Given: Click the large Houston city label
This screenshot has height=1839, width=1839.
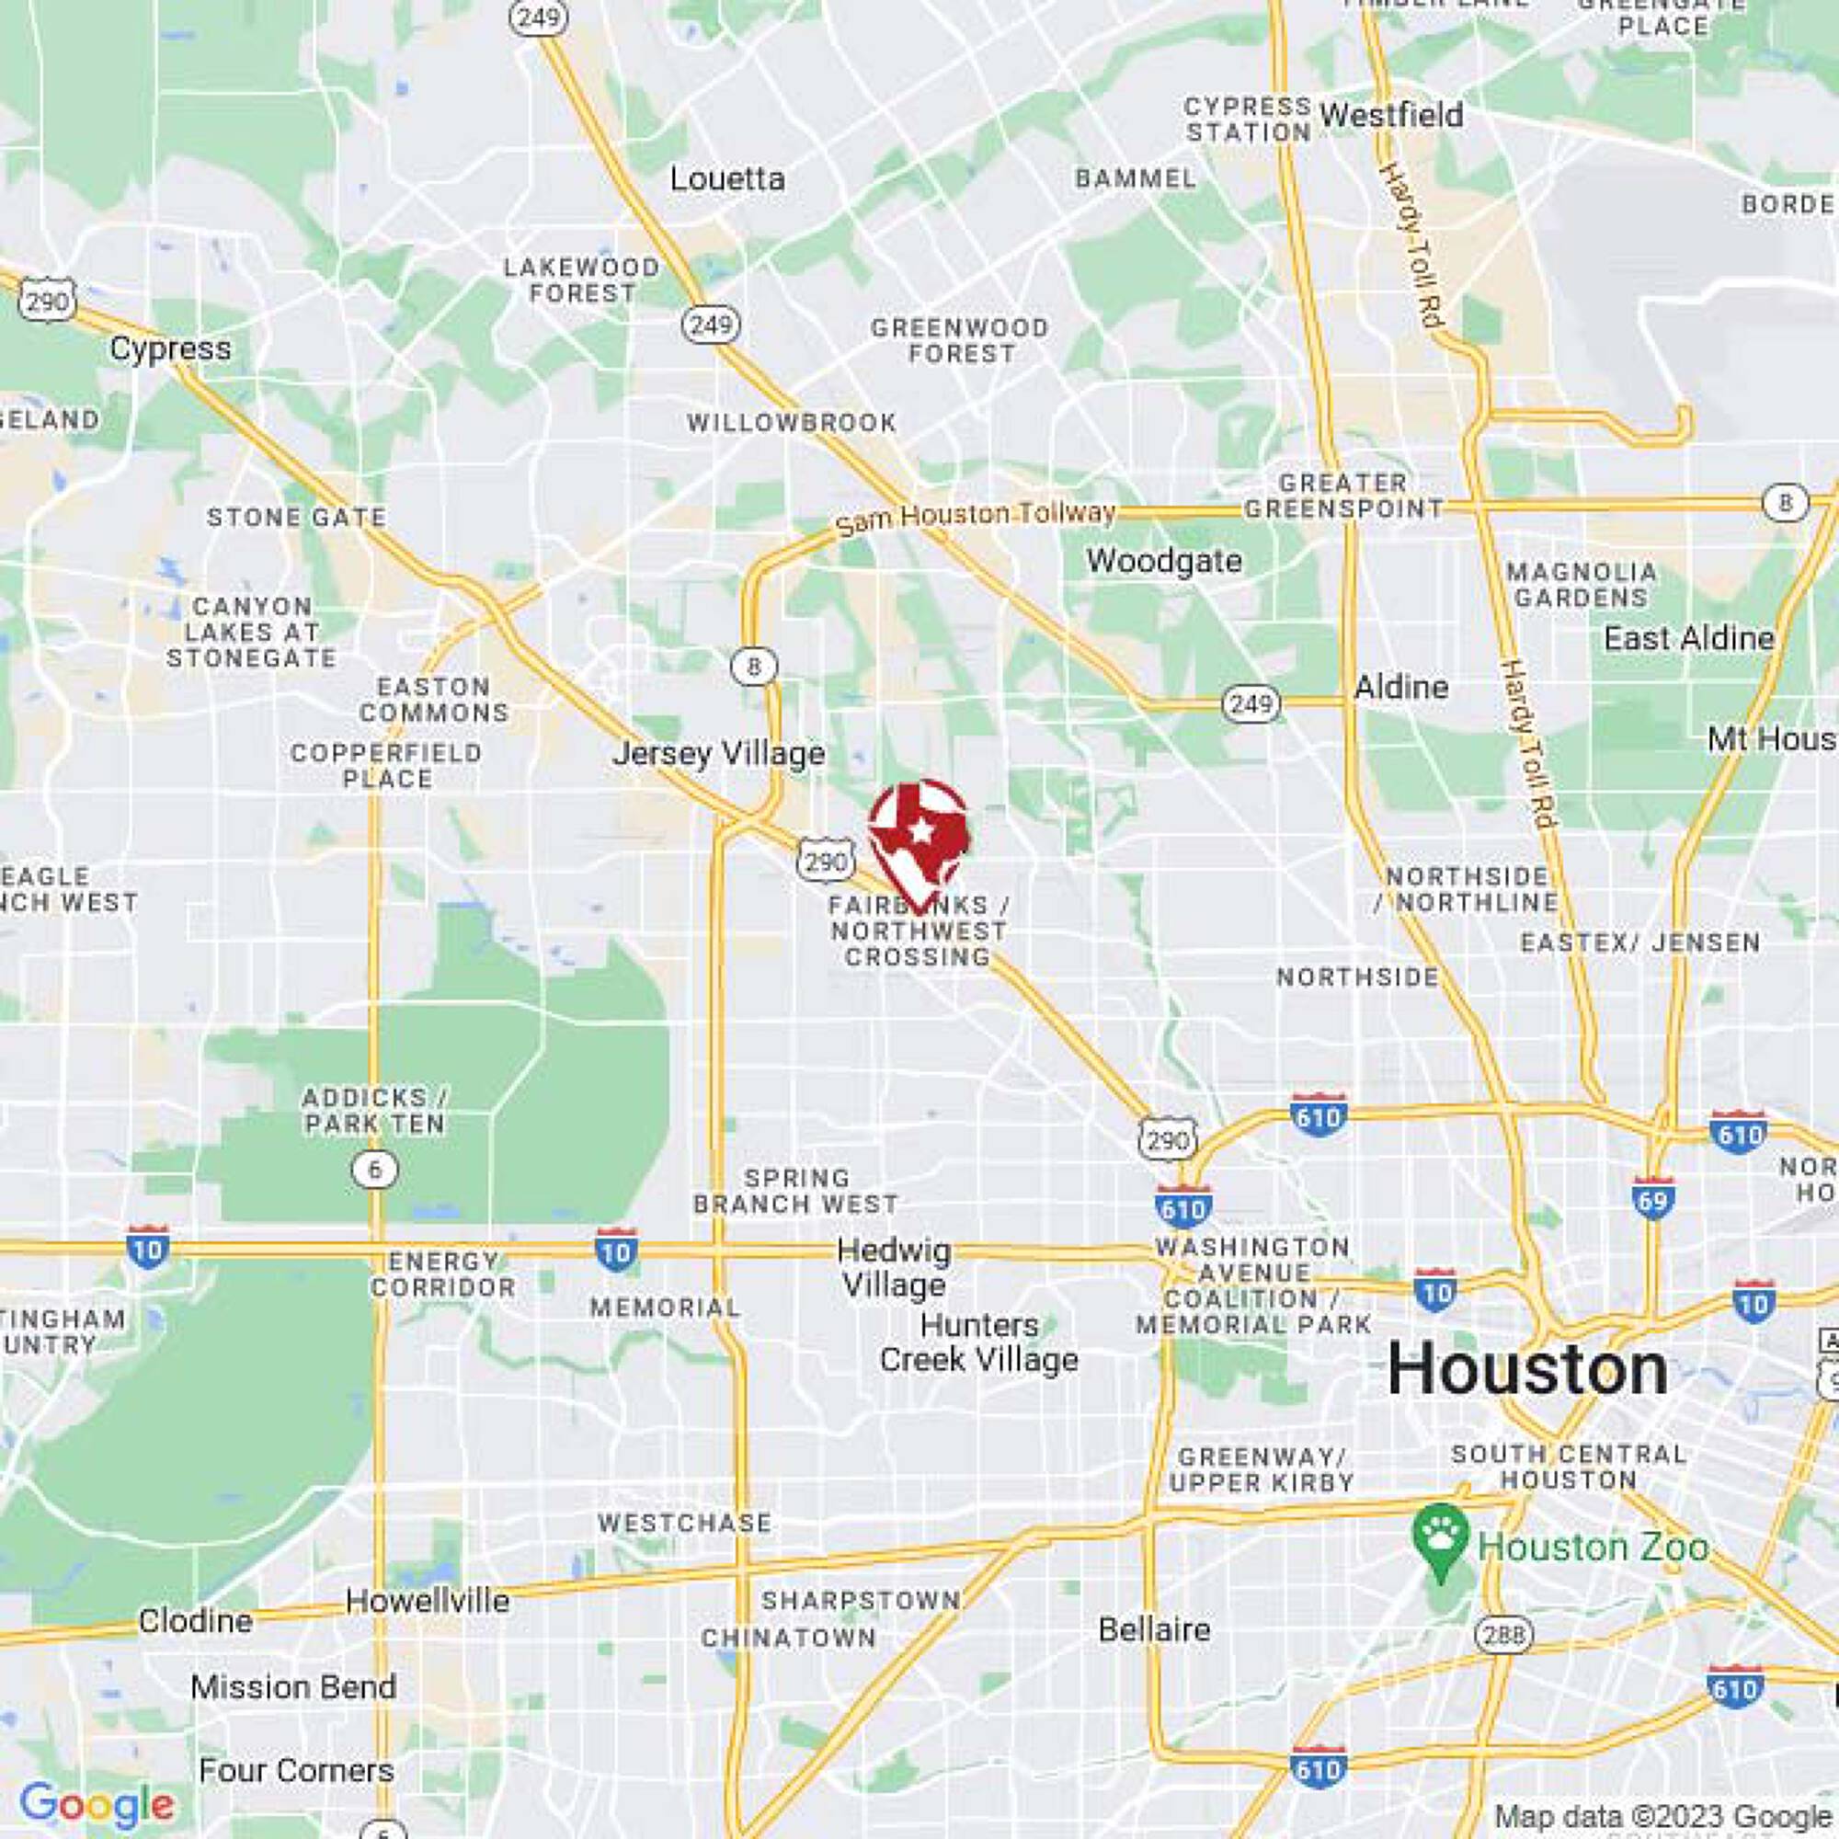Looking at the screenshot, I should pyautogui.click(x=1526, y=1371).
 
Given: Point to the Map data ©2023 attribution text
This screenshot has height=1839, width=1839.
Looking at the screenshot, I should pyautogui.click(x=1661, y=1816).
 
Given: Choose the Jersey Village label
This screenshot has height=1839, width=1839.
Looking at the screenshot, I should pyautogui.click(x=719, y=754).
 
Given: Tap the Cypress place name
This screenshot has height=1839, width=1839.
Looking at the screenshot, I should pyautogui.click(x=170, y=348).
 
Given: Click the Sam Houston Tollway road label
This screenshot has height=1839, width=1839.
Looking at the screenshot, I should pyautogui.click(x=975, y=517).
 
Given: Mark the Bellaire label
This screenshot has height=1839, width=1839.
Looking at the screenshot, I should pyautogui.click(x=1154, y=1628).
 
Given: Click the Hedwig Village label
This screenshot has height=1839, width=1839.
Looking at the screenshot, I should pyautogui.click(x=894, y=1269).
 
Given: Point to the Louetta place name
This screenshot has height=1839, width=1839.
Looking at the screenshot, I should pyautogui.click(x=727, y=179).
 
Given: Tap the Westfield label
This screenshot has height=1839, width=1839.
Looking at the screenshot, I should pyautogui.click(x=1391, y=115).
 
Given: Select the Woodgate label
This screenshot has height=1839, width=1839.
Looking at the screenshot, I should pyautogui.click(x=1164, y=561).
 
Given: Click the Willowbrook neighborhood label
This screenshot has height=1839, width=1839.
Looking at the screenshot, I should pyautogui.click(x=792, y=423).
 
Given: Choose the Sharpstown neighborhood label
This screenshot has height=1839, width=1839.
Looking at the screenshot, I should pyautogui.click(x=861, y=1601).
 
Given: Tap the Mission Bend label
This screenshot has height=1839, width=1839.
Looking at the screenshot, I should pyautogui.click(x=293, y=1686).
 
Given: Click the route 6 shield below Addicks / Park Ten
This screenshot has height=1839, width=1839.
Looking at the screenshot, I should pyautogui.click(x=374, y=1170).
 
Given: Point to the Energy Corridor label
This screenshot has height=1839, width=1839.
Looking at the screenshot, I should pyautogui.click(x=443, y=1274).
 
